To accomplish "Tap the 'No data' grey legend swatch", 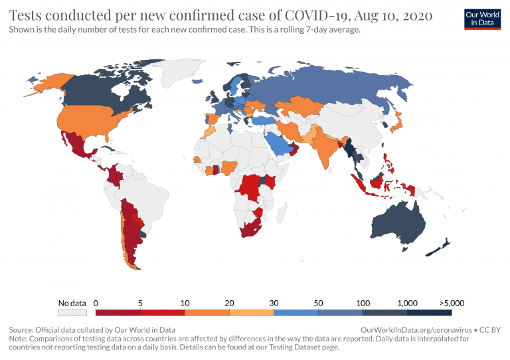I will pyautogui.click(x=72, y=312).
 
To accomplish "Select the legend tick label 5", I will pyautogui.click(x=140, y=303).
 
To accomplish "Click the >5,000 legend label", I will pyautogui.click(x=451, y=303).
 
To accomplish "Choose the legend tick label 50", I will pyautogui.click(x=318, y=303).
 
